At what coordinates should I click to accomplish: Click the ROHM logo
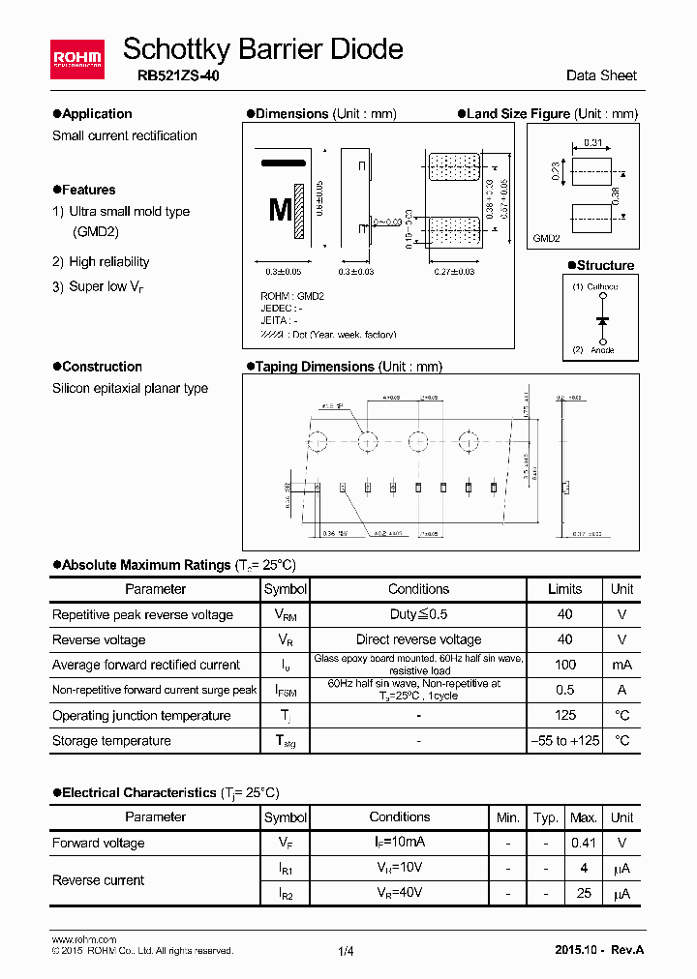click(x=77, y=60)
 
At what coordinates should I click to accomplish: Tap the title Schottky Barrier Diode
click(x=263, y=48)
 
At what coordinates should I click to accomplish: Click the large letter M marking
click(x=280, y=210)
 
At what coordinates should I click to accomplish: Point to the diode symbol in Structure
click(x=602, y=319)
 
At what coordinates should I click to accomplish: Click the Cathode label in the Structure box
click(x=600, y=287)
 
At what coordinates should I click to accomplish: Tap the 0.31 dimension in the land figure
click(x=593, y=143)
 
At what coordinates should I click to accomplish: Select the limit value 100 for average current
click(x=565, y=665)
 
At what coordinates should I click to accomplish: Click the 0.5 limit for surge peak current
click(x=565, y=690)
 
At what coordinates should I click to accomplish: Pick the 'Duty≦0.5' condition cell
click(x=418, y=614)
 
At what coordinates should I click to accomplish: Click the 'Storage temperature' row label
click(x=111, y=741)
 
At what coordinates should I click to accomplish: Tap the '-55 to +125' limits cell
click(x=565, y=741)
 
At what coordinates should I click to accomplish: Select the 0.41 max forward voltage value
click(x=584, y=843)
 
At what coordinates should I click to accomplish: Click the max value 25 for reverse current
click(x=584, y=893)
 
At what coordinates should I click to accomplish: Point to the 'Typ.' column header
click(x=546, y=817)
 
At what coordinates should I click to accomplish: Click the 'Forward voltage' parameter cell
click(x=99, y=843)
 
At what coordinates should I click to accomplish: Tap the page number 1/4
click(x=347, y=951)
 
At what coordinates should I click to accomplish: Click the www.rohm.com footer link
click(x=83, y=939)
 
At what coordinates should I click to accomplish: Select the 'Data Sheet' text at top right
click(x=601, y=75)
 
